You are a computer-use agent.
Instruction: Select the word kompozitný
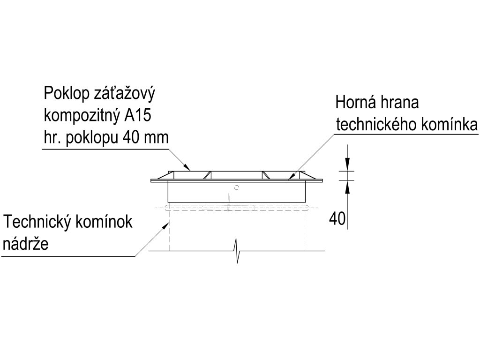[x=81, y=115]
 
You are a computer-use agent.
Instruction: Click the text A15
[x=138, y=114]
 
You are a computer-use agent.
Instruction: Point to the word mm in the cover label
[x=157, y=137]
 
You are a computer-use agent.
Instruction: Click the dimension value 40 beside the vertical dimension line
[x=337, y=219]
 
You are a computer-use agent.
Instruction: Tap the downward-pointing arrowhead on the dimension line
[x=347, y=165]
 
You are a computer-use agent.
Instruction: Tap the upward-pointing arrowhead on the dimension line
[x=347, y=186]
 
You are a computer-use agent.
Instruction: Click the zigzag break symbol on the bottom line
[x=238, y=251]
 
